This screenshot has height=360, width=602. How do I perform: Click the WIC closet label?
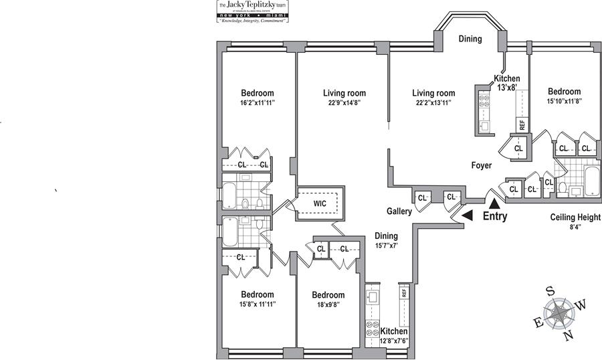[320, 203]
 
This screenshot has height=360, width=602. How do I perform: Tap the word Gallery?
[398, 211]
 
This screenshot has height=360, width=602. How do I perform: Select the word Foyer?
[481, 165]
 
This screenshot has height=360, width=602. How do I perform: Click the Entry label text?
[495, 216]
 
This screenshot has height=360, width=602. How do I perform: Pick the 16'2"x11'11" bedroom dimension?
[258, 103]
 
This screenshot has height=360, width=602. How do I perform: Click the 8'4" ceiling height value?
[575, 227]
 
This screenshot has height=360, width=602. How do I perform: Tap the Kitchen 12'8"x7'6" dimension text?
[394, 341]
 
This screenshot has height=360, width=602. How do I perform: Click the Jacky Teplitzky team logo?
[253, 12]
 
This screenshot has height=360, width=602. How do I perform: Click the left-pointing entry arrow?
[468, 215]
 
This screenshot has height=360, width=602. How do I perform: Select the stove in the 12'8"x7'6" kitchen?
[371, 330]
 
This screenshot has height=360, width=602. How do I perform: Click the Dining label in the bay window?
[470, 39]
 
